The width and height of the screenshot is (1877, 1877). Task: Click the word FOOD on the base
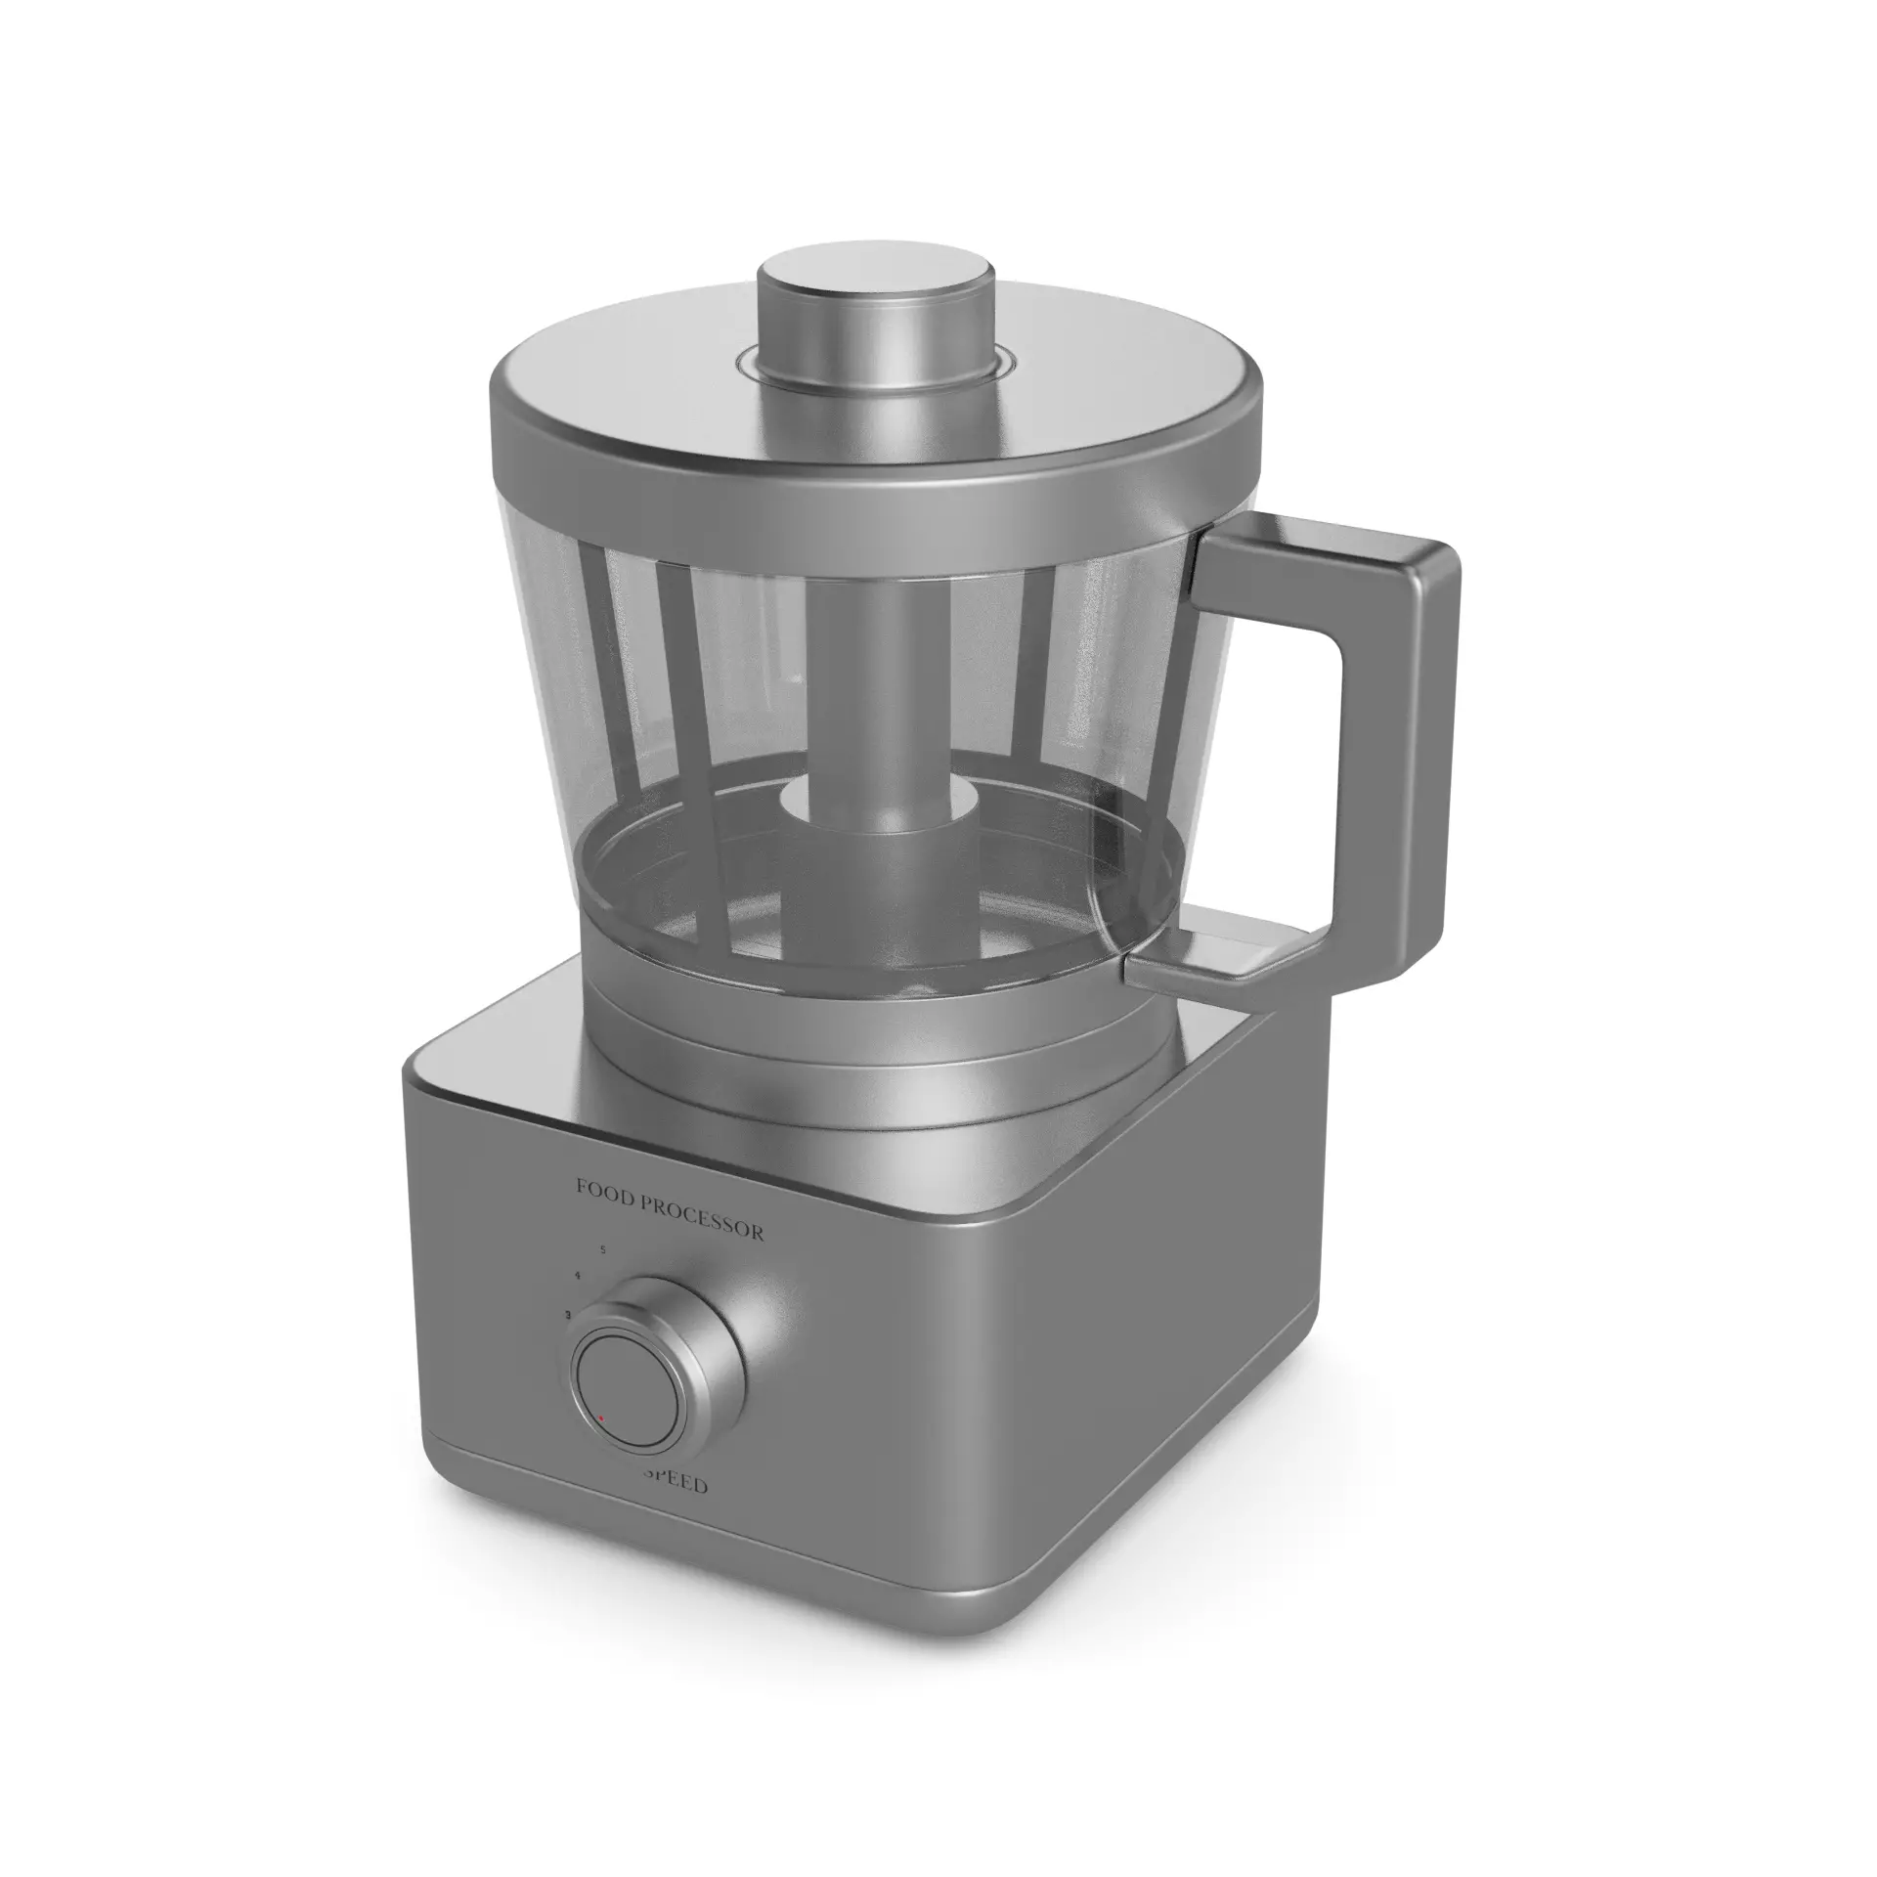(603, 1189)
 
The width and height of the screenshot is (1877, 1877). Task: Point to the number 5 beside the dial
(603, 1249)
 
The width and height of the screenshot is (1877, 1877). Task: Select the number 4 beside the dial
(579, 1277)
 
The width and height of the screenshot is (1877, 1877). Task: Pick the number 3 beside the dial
(567, 1315)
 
